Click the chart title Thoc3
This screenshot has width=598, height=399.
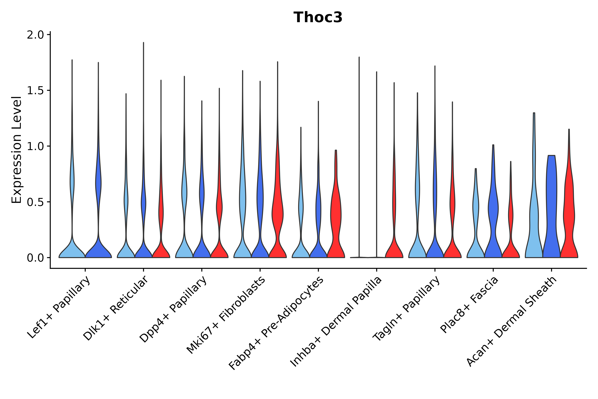(318, 17)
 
